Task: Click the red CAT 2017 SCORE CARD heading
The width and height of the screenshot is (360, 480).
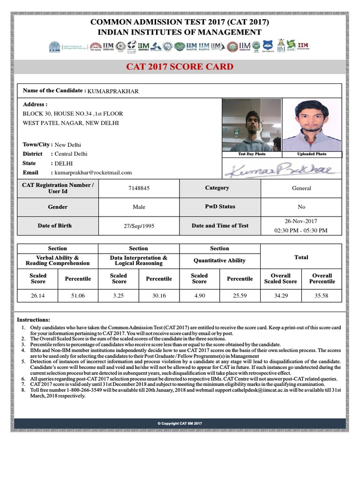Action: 180,67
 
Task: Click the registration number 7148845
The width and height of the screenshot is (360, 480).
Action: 138,188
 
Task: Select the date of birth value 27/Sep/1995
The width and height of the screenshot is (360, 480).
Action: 138,226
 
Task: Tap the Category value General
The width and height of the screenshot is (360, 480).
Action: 301,188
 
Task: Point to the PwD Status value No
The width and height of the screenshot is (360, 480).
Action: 301,207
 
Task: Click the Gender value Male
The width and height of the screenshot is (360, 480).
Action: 138,207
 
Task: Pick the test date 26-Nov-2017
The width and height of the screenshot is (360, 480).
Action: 301,221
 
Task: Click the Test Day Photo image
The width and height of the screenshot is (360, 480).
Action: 252,125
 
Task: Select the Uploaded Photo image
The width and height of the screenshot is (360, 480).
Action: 312,125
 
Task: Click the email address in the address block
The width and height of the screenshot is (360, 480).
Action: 93,172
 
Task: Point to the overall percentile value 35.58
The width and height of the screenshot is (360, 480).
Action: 322,296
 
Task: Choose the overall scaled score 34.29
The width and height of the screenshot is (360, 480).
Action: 280,296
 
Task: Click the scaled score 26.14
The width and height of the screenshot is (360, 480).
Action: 38,296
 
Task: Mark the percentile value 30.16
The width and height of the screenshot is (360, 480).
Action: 159,296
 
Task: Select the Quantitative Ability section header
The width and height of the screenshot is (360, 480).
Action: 219,261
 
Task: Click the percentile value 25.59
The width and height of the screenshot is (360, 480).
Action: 240,296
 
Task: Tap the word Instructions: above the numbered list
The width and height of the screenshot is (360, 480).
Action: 33,319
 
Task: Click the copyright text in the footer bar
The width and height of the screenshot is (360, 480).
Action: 180,423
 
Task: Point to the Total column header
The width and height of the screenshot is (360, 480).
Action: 301,257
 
